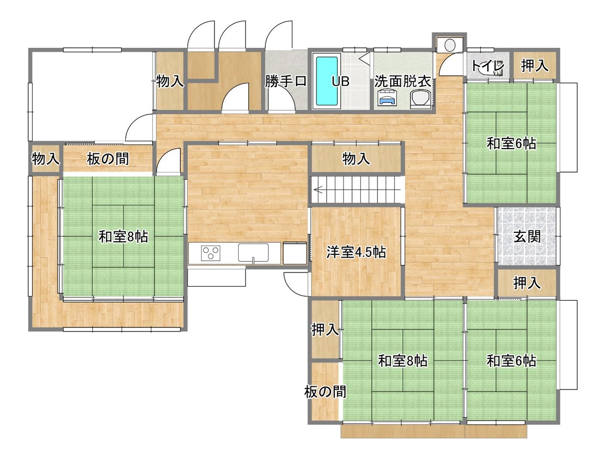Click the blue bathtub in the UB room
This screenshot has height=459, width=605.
[327, 81]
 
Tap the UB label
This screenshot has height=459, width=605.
[341, 81]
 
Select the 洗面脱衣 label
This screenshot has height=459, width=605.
[402, 82]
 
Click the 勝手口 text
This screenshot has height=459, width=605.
[286, 81]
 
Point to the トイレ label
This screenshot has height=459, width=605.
[488, 66]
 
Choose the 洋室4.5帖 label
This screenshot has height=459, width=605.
[356, 252]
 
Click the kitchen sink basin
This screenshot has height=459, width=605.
[253, 252]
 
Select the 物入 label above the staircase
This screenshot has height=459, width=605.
[356, 159]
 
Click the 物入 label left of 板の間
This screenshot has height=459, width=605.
[45, 159]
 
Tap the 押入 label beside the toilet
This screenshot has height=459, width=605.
[534, 66]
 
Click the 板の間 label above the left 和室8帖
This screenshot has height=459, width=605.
[108, 159]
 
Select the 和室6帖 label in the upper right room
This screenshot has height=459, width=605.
[512, 143]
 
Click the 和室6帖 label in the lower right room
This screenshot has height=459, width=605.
[512, 361]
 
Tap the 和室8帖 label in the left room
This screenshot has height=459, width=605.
[123, 237]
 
